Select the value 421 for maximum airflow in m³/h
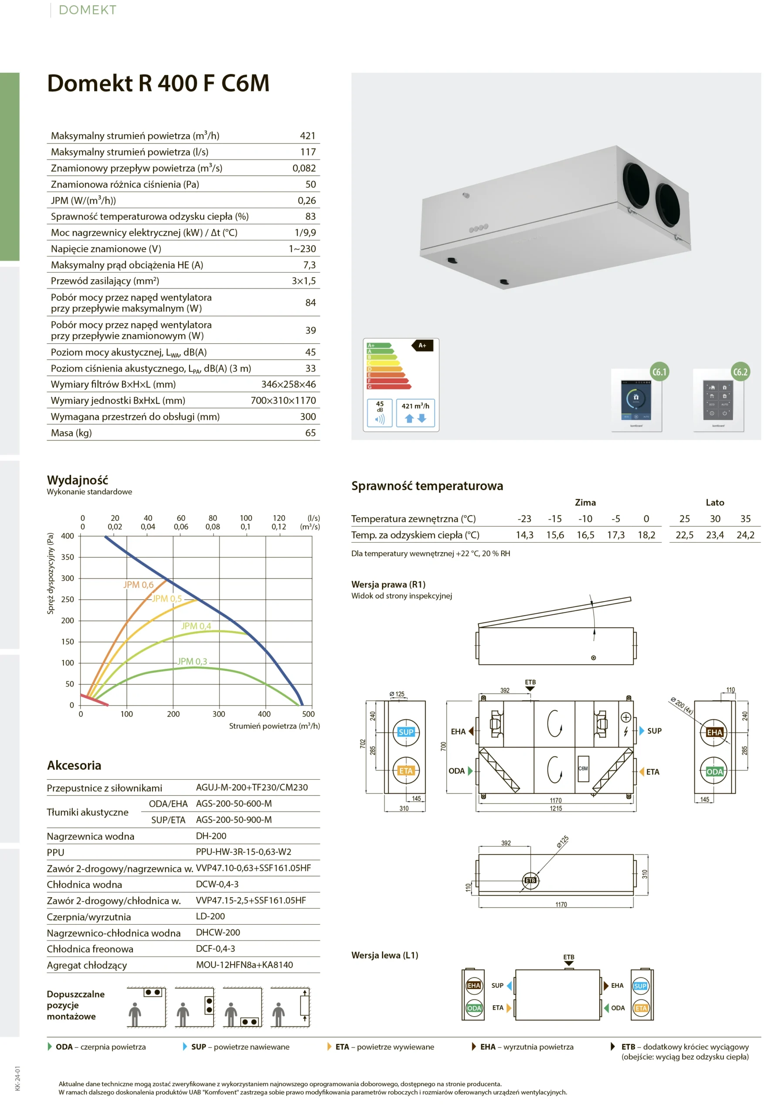(x=307, y=136)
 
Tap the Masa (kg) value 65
(x=310, y=433)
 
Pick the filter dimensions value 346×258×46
(x=288, y=384)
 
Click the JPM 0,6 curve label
(x=138, y=585)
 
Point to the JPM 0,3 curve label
(x=192, y=661)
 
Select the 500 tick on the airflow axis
(x=308, y=714)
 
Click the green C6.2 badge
(x=740, y=372)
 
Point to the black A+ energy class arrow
(x=422, y=345)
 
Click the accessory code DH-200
(x=211, y=836)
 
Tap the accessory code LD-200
(x=211, y=916)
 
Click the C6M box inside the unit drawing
(x=583, y=768)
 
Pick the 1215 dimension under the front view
(x=556, y=808)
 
